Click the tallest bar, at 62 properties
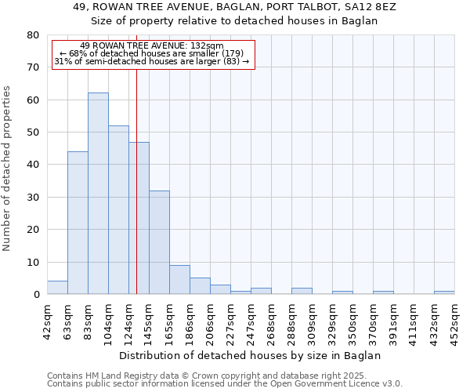point(98,194)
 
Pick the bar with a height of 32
point(159,242)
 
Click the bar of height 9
point(179,279)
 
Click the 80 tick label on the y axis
point(33,35)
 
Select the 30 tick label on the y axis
point(33,197)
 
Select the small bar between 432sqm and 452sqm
point(444,292)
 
